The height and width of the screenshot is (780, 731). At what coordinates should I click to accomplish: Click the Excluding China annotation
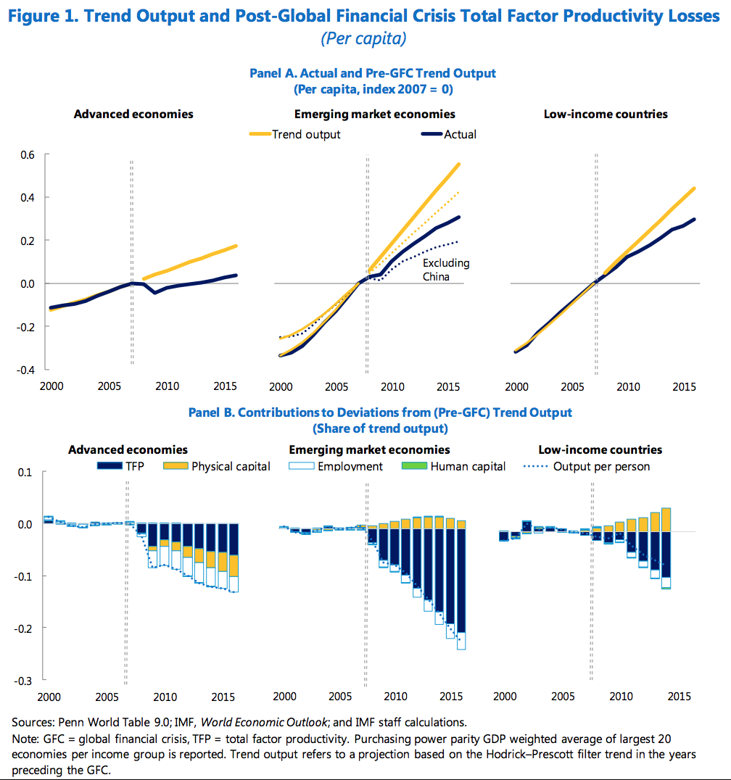[x=446, y=270]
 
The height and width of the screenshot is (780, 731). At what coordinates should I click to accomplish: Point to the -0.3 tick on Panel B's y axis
[x=26, y=681]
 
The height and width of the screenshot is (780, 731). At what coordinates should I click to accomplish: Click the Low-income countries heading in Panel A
[x=606, y=114]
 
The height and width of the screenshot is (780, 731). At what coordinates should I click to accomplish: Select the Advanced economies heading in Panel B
[x=128, y=449]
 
